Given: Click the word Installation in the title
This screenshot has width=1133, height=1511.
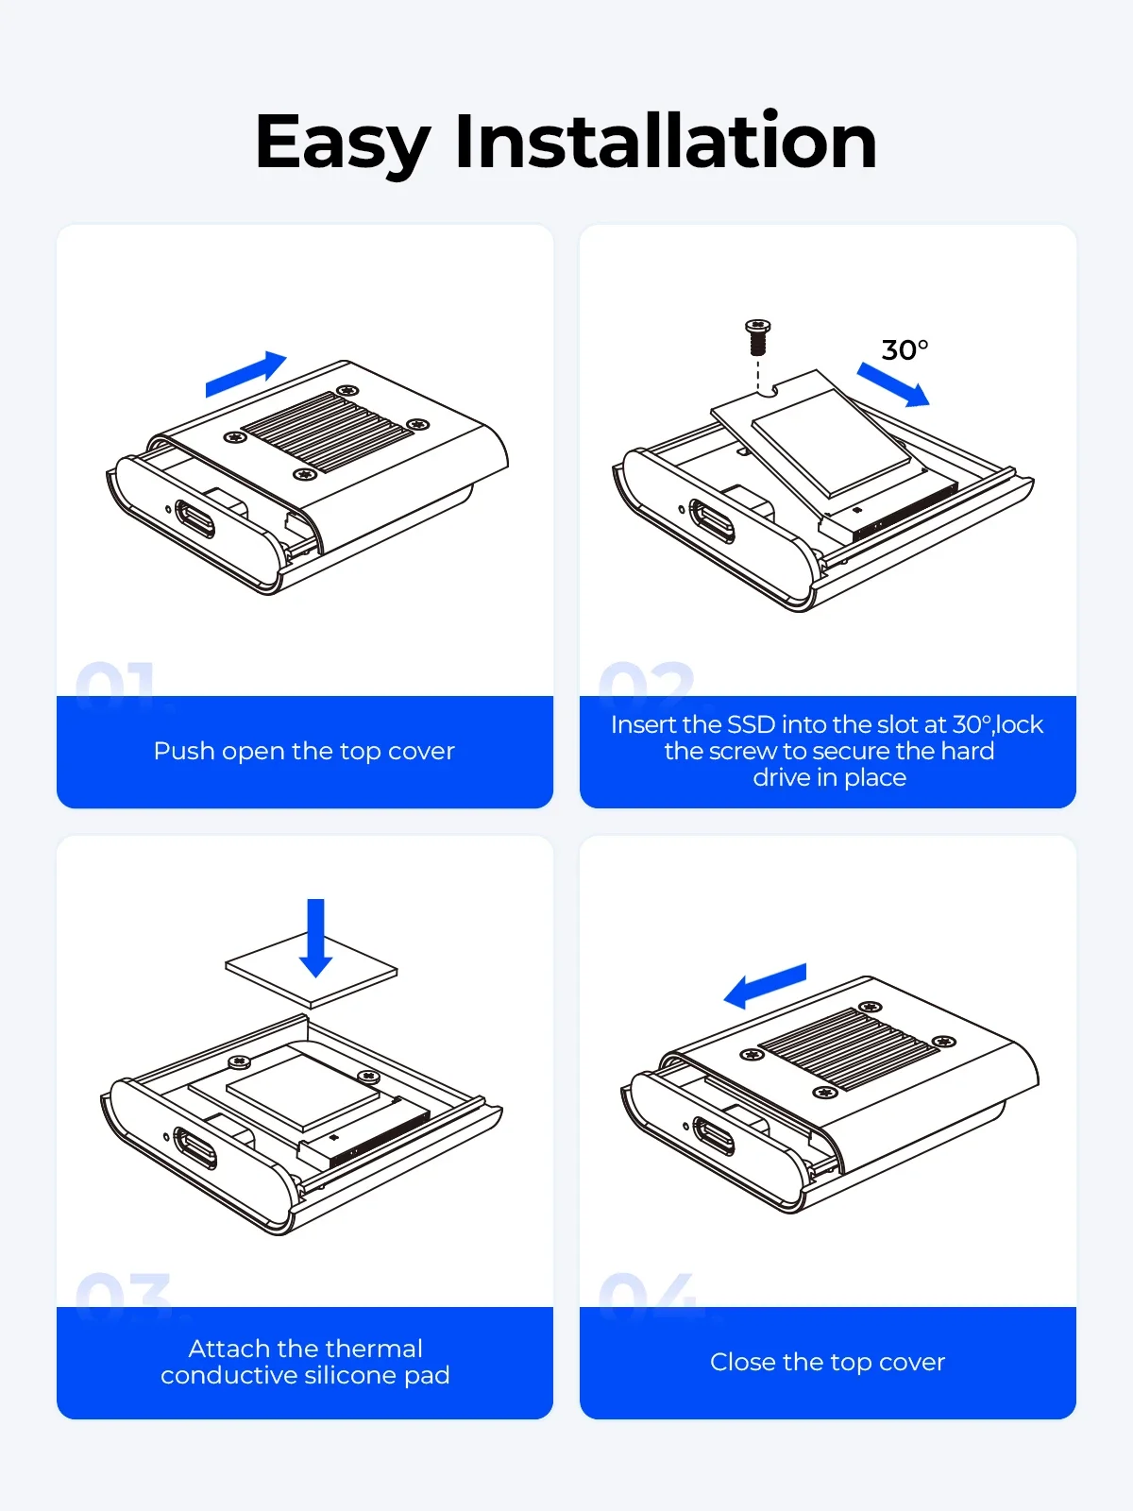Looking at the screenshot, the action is [x=666, y=140].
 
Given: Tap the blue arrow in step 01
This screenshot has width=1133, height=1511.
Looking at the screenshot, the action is [x=245, y=375].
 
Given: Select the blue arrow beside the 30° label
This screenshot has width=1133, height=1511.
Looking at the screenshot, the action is [x=893, y=384].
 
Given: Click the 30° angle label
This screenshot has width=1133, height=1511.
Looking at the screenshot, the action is [x=905, y=349].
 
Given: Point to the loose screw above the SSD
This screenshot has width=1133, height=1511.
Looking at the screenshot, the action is [x=757, y=337].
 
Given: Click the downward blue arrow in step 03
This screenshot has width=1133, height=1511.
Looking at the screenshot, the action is [x=315, y=938].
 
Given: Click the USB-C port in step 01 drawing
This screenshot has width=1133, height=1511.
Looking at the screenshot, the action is [x=194, y=519].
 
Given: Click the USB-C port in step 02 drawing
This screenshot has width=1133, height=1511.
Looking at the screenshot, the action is [x=712, y=520].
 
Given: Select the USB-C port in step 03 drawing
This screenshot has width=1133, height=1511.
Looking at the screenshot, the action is [x=195, y=1147].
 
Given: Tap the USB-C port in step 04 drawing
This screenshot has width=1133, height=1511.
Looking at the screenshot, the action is [x=714, y=1136].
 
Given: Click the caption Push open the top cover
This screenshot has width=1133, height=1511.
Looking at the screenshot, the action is [x=304, y=751].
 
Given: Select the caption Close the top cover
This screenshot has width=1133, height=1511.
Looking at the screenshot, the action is [x=828, y=1363].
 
